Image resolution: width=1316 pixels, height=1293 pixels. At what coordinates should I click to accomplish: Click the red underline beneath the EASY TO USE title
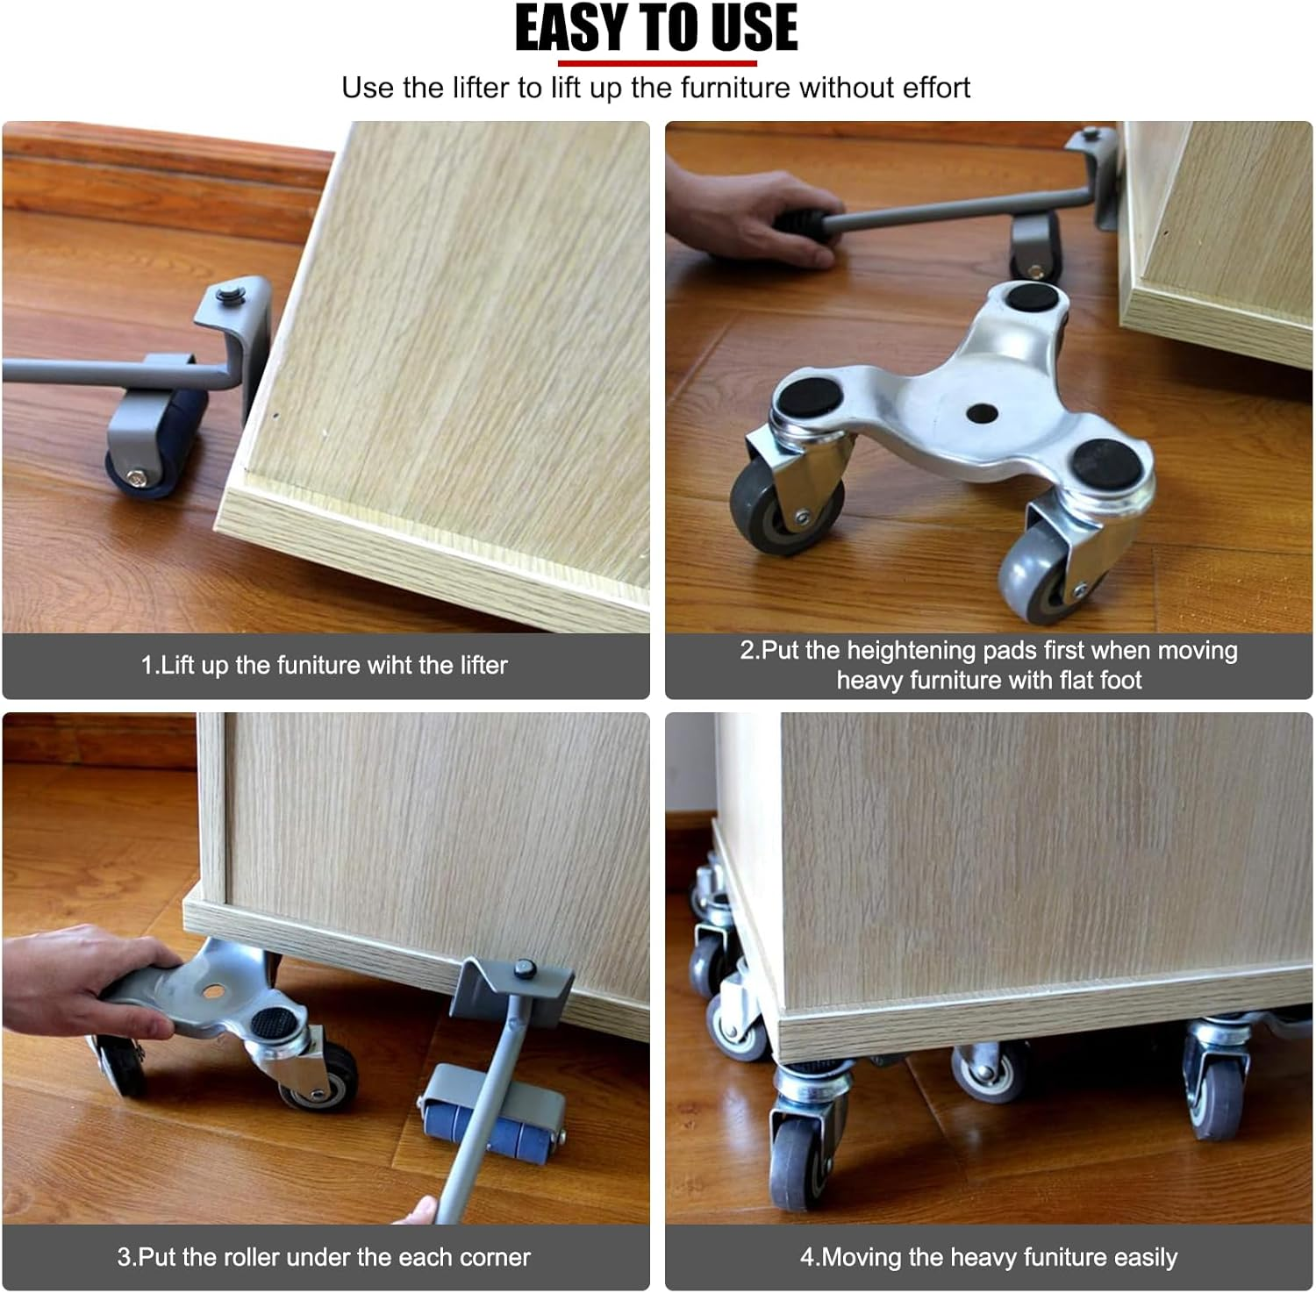tap(657, 63)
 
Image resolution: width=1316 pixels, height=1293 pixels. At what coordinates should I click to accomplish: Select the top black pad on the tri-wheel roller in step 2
tap(1032, 296)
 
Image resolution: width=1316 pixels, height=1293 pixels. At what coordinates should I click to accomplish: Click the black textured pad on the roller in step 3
tap(274, 1022)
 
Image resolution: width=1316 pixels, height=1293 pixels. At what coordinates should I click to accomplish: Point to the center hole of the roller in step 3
tap(211, 990)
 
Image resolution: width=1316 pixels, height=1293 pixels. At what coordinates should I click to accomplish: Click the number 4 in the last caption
tap(807, 1257)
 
